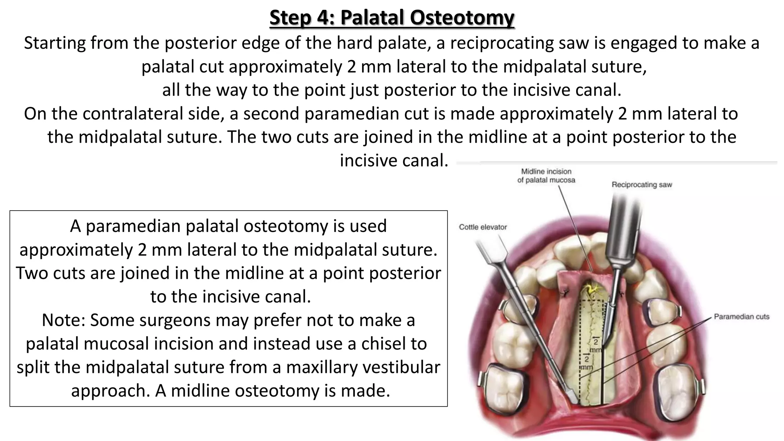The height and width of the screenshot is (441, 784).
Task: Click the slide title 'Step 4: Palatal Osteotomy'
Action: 392,18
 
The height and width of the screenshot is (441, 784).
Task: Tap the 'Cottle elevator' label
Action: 483,227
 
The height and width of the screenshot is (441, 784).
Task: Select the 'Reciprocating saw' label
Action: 642,185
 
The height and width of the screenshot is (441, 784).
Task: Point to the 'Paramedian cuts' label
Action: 742,317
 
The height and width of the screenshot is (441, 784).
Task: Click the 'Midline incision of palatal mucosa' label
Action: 546,176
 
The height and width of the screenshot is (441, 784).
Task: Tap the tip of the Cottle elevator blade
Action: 573,399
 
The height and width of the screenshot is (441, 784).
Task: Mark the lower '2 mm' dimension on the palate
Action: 586,362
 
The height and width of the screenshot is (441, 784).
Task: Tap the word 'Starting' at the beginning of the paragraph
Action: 54,43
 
